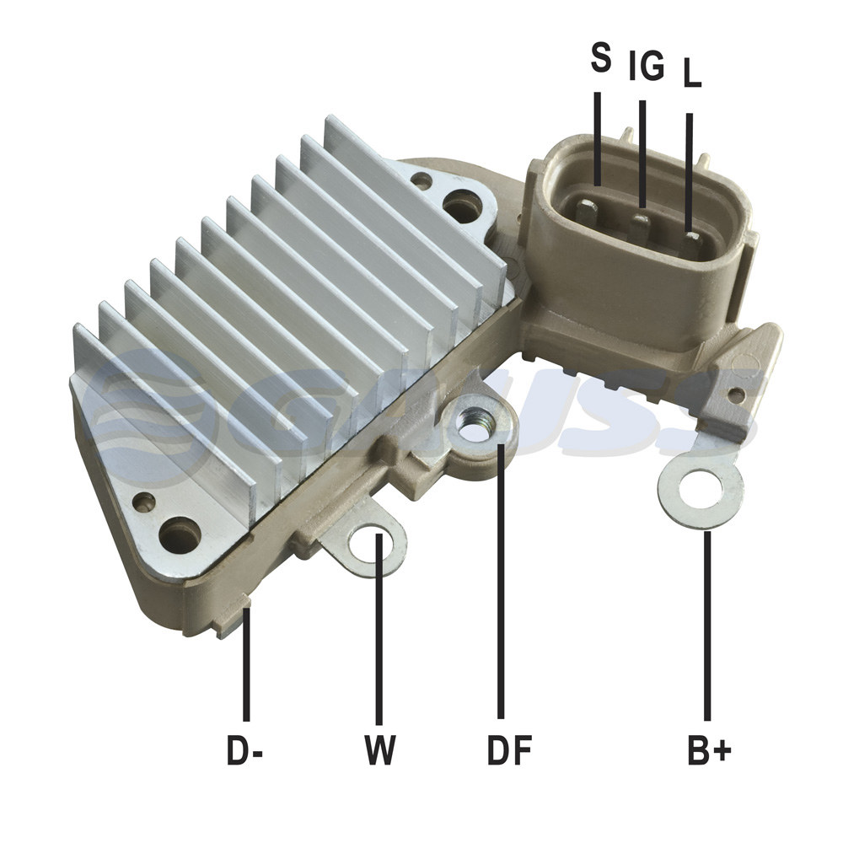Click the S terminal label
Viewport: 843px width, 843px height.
[x=601, y=58]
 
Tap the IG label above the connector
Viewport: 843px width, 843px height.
[x=647, y=66]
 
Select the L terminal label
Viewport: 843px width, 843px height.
[x=692, y=72]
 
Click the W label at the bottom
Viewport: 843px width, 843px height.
[x=380, y=749]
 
